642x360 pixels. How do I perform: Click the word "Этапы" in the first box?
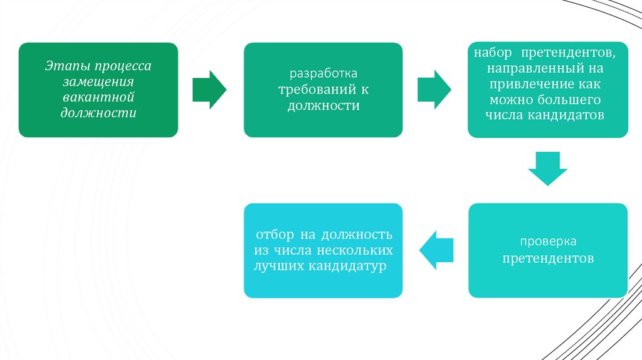point(63,66)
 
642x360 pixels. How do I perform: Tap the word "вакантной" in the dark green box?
point(98,97)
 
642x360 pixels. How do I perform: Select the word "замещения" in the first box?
point(98,82)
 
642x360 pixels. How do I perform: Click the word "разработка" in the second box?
point(323,75)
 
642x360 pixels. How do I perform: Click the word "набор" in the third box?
point(493,50)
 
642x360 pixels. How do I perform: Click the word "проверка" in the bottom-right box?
point(547,242)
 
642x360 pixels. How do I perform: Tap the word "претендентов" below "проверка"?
point(547,258)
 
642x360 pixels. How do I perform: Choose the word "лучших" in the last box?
point(278,266)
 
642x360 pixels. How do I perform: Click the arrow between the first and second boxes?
point(209,90)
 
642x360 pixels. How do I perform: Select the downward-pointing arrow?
point(547,169)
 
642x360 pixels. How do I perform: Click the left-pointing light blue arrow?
point(436,250)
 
